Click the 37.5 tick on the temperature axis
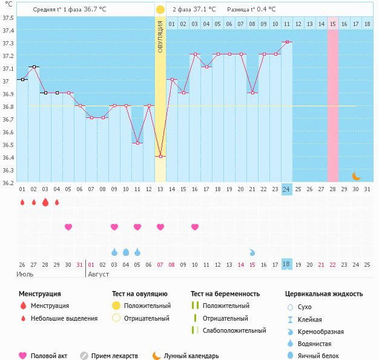8,18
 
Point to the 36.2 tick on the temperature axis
8,183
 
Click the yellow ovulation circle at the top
160,10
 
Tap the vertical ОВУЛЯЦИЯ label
160,36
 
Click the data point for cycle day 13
160,157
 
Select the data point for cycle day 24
286,42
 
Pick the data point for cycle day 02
33,67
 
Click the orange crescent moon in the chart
357,176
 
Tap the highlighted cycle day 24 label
286,189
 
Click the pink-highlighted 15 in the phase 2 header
333,24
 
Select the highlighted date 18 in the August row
286,264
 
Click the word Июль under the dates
24,274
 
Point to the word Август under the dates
99,274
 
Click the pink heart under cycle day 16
195,227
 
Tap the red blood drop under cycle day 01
22,203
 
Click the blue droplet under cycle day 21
252,252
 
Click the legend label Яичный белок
323,356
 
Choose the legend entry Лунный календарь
192,356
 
